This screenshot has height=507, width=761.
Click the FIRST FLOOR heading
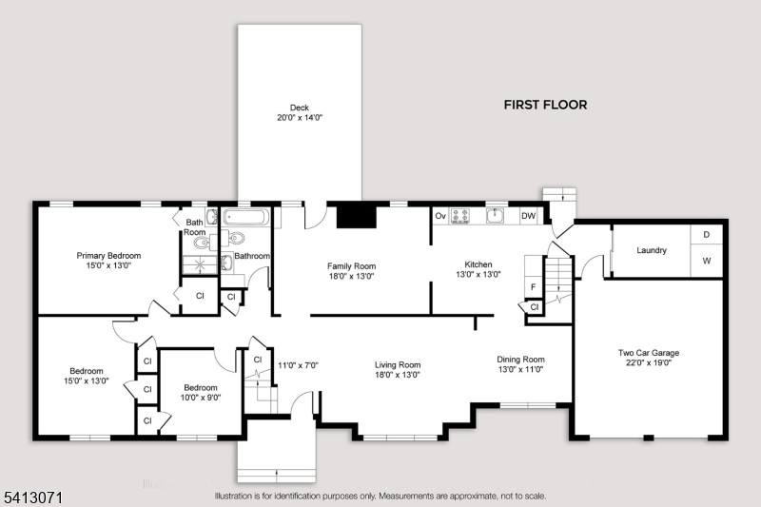coord(545,105)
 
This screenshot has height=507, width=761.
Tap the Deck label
coord(300,107)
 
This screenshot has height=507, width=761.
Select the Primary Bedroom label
coord(108,256)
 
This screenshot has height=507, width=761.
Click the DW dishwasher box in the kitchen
coord(529,216)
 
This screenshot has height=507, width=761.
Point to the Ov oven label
coord(440,216)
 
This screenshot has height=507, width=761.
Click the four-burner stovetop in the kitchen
coord(459,216)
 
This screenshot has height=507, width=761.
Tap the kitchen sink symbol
coord(495,215)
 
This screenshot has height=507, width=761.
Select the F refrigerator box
coord(533,286)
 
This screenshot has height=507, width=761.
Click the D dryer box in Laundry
coord(707,234)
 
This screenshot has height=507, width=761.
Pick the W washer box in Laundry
coord(707,261)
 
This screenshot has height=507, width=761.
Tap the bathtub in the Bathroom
coord(245,216)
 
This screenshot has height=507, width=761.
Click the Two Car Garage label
coord(649,353)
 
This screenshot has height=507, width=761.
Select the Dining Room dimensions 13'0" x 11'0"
coord(520,369)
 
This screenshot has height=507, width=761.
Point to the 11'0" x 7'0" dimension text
coord(298,365)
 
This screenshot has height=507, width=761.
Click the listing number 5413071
coord(33,497)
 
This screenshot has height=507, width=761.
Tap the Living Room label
coord(398,365)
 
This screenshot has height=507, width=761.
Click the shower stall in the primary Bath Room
coord(200,263)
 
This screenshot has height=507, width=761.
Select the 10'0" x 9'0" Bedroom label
coord(201,393)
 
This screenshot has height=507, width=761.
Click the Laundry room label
coord(652,250)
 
